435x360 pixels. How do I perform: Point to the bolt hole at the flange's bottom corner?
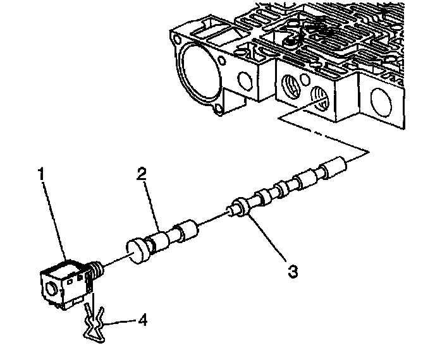[x=219, y=112]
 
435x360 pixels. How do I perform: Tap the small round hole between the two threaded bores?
[x=307, y=82]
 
